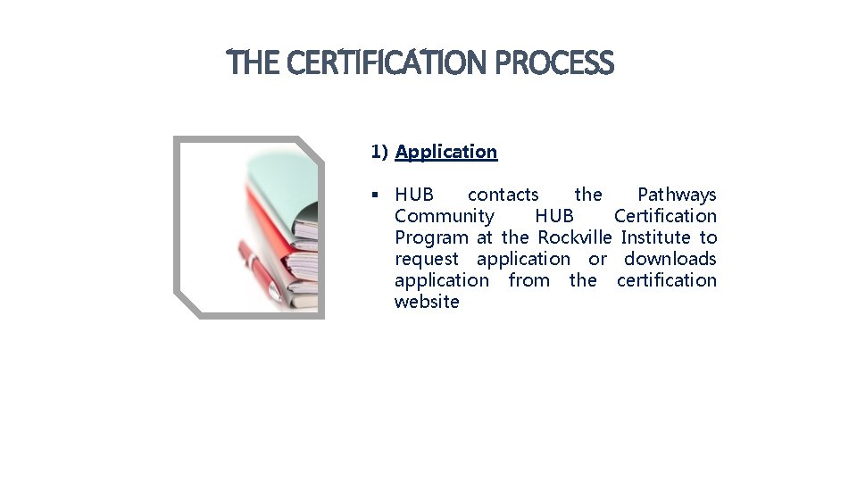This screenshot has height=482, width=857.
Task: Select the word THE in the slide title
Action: click(x=254, y=63)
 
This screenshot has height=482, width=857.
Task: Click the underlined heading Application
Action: click(x=445, y=152)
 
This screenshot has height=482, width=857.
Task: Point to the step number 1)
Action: click(x=379, y=152)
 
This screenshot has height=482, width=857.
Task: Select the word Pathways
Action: click(x=676, y=195)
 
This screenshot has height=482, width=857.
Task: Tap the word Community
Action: click(x=444, y=216)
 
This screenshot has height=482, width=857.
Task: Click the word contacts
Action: click(x=503, y=195)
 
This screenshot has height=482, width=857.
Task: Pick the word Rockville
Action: click(x=574, y=237)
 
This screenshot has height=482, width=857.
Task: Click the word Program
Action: click(x=430, y=237)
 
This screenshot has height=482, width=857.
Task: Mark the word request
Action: click(x=426, y=260)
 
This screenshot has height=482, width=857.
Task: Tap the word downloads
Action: click(x=670, y=259)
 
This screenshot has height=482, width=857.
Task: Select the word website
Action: click(x=427, y=302)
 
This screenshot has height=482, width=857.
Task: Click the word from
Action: click(x=528, y=280)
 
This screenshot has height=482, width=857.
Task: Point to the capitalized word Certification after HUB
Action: click(x=665, y=216)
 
